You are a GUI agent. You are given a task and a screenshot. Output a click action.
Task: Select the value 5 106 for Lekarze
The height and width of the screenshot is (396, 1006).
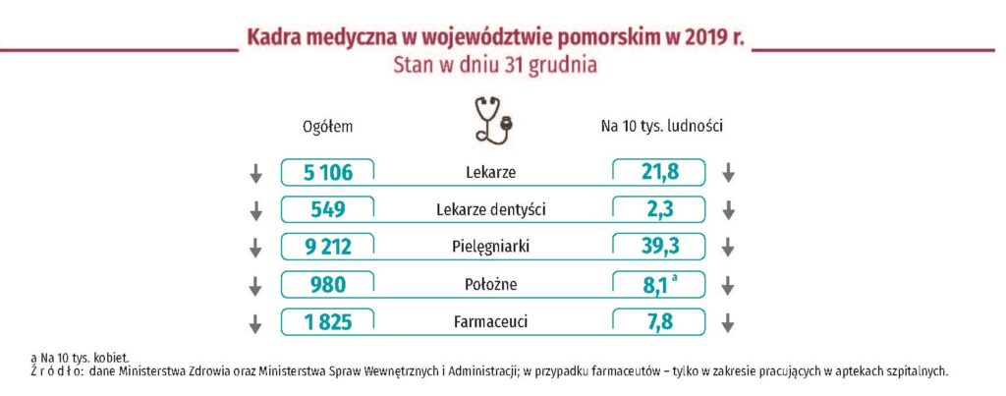[327, 173]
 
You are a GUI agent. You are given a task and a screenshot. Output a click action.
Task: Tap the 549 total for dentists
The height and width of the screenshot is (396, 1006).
[327, 209]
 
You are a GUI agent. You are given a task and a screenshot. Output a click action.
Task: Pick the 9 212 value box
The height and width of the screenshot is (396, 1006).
[327, 247]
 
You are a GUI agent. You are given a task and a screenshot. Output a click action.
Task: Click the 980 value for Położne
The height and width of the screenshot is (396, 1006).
[327, 284]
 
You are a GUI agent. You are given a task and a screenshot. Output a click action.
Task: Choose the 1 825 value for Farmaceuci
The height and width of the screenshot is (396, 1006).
[327, 321]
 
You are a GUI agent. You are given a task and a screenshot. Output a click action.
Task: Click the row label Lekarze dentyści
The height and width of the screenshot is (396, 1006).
[491, 209]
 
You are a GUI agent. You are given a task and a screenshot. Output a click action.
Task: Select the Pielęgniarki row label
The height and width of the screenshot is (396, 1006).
[491, 247]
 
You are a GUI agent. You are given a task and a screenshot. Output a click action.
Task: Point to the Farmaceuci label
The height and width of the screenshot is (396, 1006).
[491, 321]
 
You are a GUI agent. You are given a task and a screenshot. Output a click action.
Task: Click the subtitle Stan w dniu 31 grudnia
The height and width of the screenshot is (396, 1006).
[494, 67]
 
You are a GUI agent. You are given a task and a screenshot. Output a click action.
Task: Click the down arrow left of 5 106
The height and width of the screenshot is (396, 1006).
[256, 174]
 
